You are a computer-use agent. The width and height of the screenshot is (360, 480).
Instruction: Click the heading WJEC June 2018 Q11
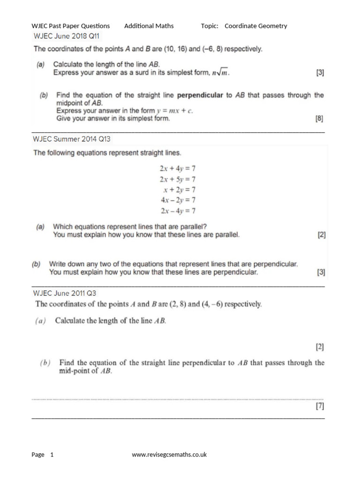click(x=66, y=36)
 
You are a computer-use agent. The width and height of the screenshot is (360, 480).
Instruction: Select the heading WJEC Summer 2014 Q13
click(x=72, y=139)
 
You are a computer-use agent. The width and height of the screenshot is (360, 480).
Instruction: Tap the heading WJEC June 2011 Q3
click(x=65, y=293)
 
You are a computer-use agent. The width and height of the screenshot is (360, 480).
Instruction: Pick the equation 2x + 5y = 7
click(x=178, y=180)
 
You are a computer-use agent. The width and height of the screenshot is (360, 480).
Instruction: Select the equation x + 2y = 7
click(x=180, y=190)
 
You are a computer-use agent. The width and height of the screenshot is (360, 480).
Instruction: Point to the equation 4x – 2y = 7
click(x=178, y=200)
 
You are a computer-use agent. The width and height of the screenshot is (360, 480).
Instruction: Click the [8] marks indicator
click(x=320, y=119)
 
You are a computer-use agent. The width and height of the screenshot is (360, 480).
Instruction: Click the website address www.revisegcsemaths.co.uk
click(x=169, y=454)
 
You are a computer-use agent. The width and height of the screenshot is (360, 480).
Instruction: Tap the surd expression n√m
click(x=220, y=73)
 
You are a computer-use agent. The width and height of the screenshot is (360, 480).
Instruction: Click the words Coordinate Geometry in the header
click(x=256, y=26)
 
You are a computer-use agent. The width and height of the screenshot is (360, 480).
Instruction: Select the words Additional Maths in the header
click(x=149, y=26)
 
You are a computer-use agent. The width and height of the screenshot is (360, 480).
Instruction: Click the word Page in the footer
click(x=38, y=454)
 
